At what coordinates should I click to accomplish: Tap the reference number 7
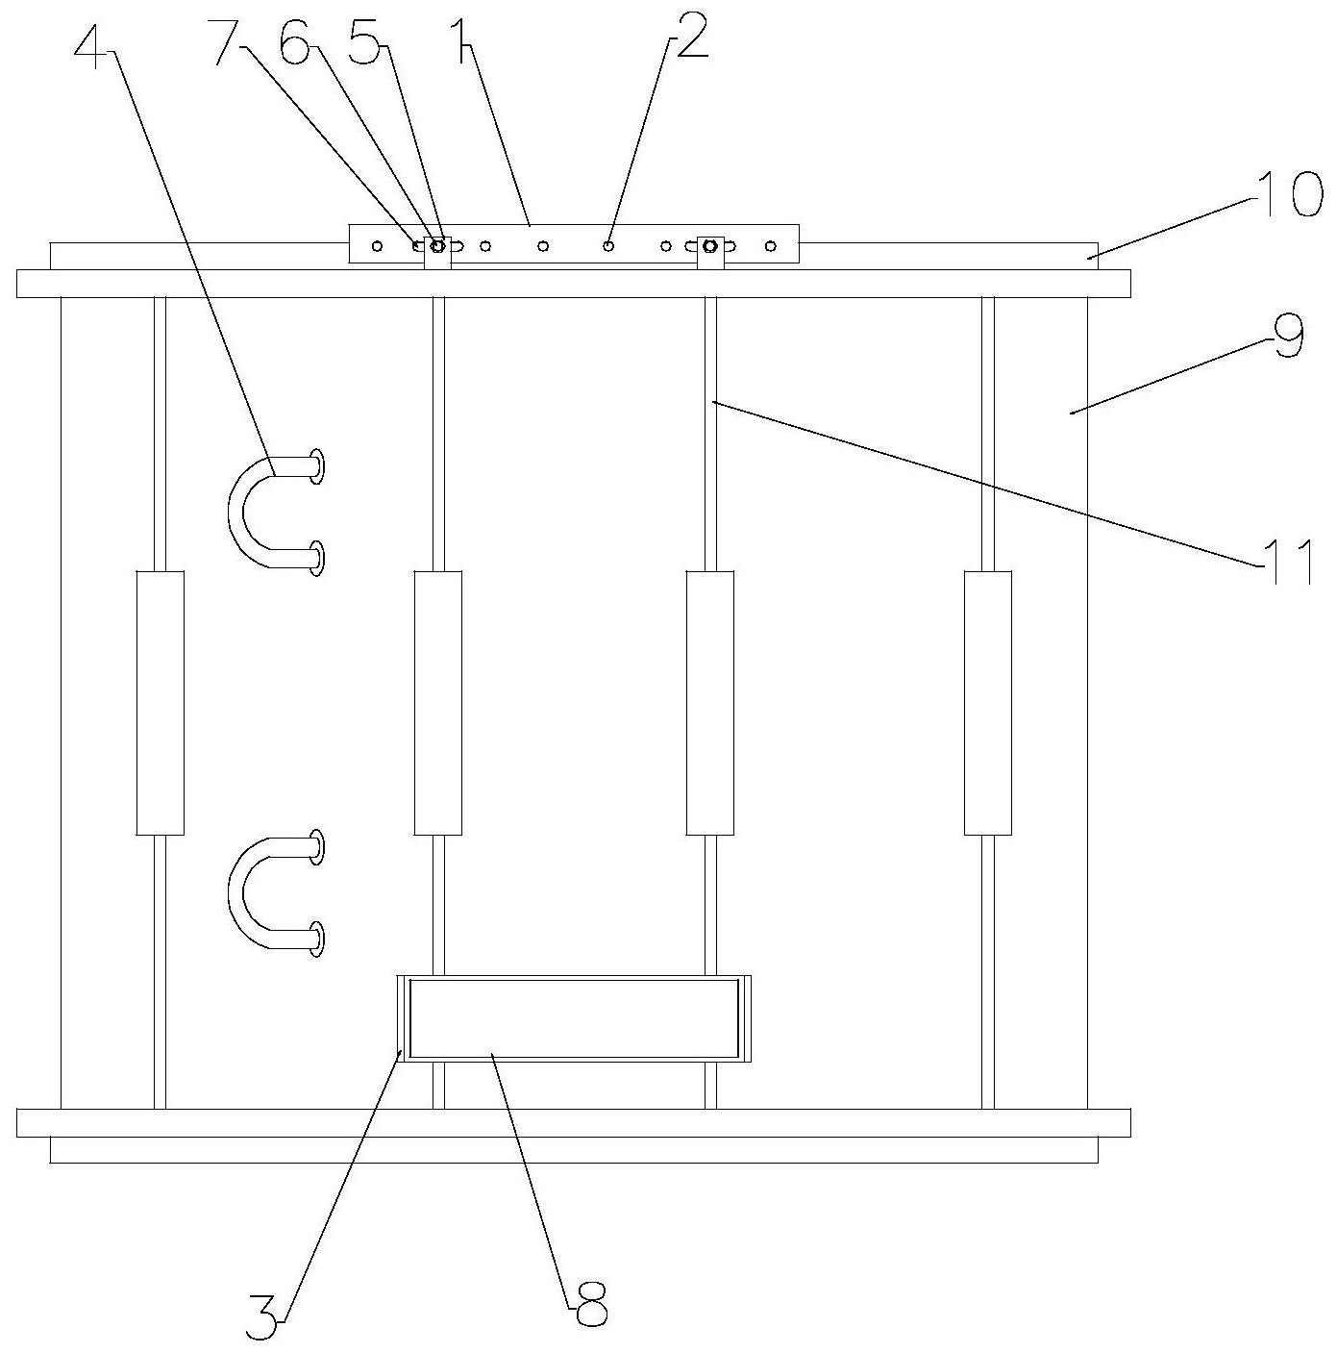pyautogui.click(x=228, y=41)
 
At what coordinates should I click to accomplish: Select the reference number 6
pyautogui.click(x=295, y=41)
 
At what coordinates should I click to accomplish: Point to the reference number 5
pyautogui.click(x=364, y=41)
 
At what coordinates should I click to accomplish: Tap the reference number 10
pyautogui.click(x=1288, y=195)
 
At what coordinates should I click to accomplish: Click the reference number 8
pyautogui.click(x=587, y=1303)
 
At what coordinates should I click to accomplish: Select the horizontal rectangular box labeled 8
pyautogui.click(x=574, y=1018)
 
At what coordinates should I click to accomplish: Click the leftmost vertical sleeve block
pyautogui.click(x=160, y=702)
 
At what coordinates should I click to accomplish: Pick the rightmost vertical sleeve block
pyautogui.click(x=987, y=702)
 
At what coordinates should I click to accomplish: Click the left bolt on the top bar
pyautogui.click(x=437, y=246)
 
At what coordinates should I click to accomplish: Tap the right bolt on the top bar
pyautogui.click(x=710, y=246)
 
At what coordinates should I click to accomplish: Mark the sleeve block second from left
pyautogui.click(x=437, y=702)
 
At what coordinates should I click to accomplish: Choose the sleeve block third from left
pyautogui.click(x=710, y=702)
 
